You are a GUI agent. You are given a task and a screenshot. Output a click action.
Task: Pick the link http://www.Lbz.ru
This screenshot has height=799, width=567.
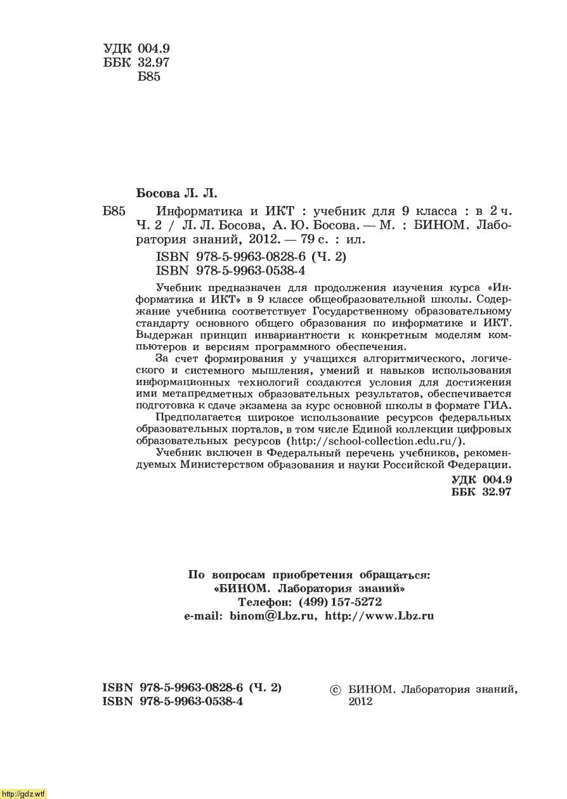coord(379,616)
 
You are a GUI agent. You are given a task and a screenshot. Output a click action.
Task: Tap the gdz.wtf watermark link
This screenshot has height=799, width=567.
coord(23,793)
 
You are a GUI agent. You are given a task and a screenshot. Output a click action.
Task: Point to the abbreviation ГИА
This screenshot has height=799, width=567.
coord(497,406)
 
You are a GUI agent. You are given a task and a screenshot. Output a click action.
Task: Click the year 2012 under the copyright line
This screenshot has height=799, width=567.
coord(361,702)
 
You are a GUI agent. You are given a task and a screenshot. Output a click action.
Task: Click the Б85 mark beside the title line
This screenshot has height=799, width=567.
coord(114,211)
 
